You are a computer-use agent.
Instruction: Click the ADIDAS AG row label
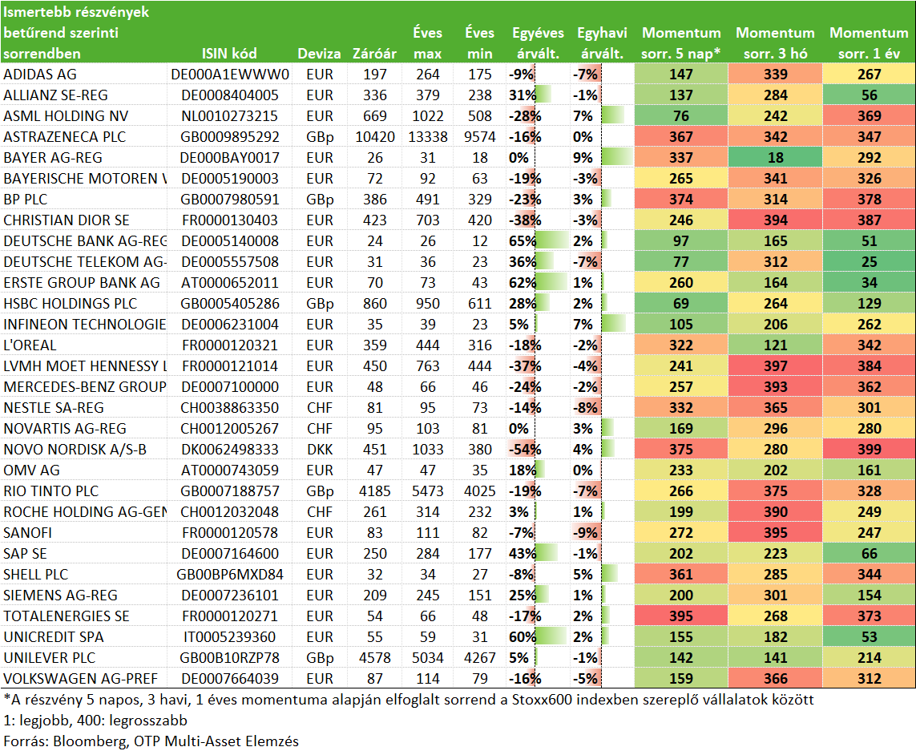[40, 75]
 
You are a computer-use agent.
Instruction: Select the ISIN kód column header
[229, 54]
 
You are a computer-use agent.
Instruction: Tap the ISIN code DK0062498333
[229, 450]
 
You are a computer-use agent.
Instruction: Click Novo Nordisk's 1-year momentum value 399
[870, 450]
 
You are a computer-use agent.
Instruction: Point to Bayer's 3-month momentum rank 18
[775, 158]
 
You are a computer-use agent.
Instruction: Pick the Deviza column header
[319, 54]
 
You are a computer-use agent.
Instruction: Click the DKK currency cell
[320, 450]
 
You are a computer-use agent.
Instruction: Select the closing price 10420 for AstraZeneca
[375, 137]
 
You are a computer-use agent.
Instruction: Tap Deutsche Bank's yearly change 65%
[523, 241]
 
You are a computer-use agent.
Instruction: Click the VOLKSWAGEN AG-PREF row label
[81, 679]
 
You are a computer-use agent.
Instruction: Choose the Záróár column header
[374, 54]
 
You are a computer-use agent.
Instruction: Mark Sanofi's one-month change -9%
[585, 533]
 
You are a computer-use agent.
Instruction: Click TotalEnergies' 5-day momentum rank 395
[681, 616]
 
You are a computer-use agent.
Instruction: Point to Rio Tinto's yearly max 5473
[428, 491]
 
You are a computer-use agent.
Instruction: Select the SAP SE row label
[25, 554]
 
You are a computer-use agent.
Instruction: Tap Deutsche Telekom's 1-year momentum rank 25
[870, 262]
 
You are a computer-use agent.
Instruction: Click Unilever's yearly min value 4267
[479, 657]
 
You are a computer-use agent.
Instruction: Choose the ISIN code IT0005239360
[229, 637]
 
